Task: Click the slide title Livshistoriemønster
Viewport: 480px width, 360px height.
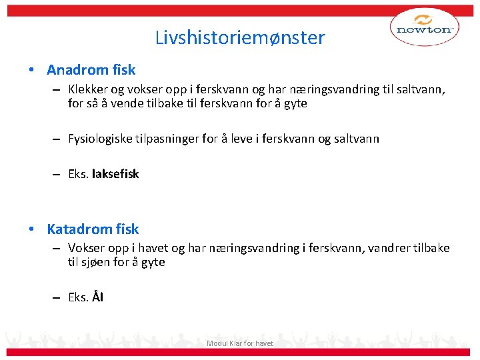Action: [x=240, y=37]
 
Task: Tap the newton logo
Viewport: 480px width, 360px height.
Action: [x=424, y=29]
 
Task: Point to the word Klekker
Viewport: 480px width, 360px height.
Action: [x=87, y=89]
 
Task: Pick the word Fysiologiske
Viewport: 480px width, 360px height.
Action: [x=101, y=139]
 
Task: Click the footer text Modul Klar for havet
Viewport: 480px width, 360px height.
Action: [x=240, y=343]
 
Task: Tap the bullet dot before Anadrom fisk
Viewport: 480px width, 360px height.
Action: [x=31, y=70]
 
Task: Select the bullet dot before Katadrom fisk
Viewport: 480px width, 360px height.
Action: [x=31, y=229]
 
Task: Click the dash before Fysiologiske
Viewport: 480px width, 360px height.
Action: [x=58, y=139]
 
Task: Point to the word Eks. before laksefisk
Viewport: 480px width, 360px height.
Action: [x=79, y=174]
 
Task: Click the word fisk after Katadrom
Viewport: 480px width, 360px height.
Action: [x=127, y=229]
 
